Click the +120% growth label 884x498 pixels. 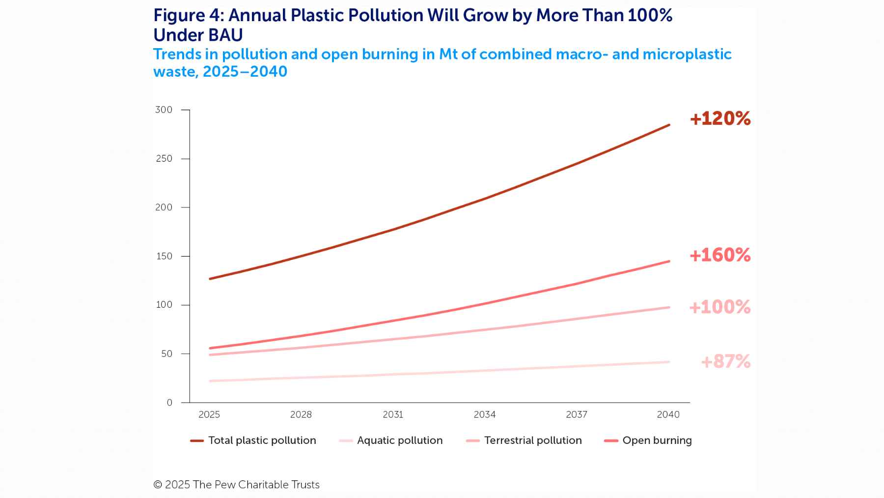pyautogui.click(x=720, y=119)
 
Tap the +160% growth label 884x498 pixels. pyautogui.click(x=720, y=255)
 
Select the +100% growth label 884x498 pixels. pyautogui.click(x=720, y=307)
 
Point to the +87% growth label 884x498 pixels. pyautogui.click(x=725, y=362)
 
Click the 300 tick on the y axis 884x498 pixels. pyautogui.click(x=164, y=110)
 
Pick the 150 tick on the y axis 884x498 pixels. pyautogui.click(x=164, y=256)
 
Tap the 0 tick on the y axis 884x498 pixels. pyautogui.click(x=169, y=403)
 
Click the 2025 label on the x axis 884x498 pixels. pyautogui.click(x=209, y=415)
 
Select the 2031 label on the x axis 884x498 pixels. pyautogui.click(x=393, y=415)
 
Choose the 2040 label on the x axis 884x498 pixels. pyautogui.click(x=668, y=415)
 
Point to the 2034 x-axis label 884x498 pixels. pyautogui.click(x=485, y=415)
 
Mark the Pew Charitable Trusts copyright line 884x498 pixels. pyautogui.click(x=236, y=485)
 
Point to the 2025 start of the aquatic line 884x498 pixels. pyautogui.click(x=210, y=381)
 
